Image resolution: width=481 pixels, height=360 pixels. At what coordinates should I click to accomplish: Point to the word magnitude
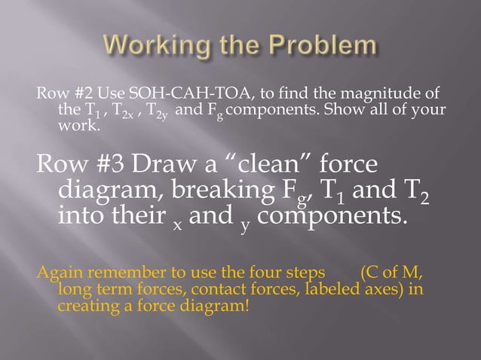click(x=375, y=93)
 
